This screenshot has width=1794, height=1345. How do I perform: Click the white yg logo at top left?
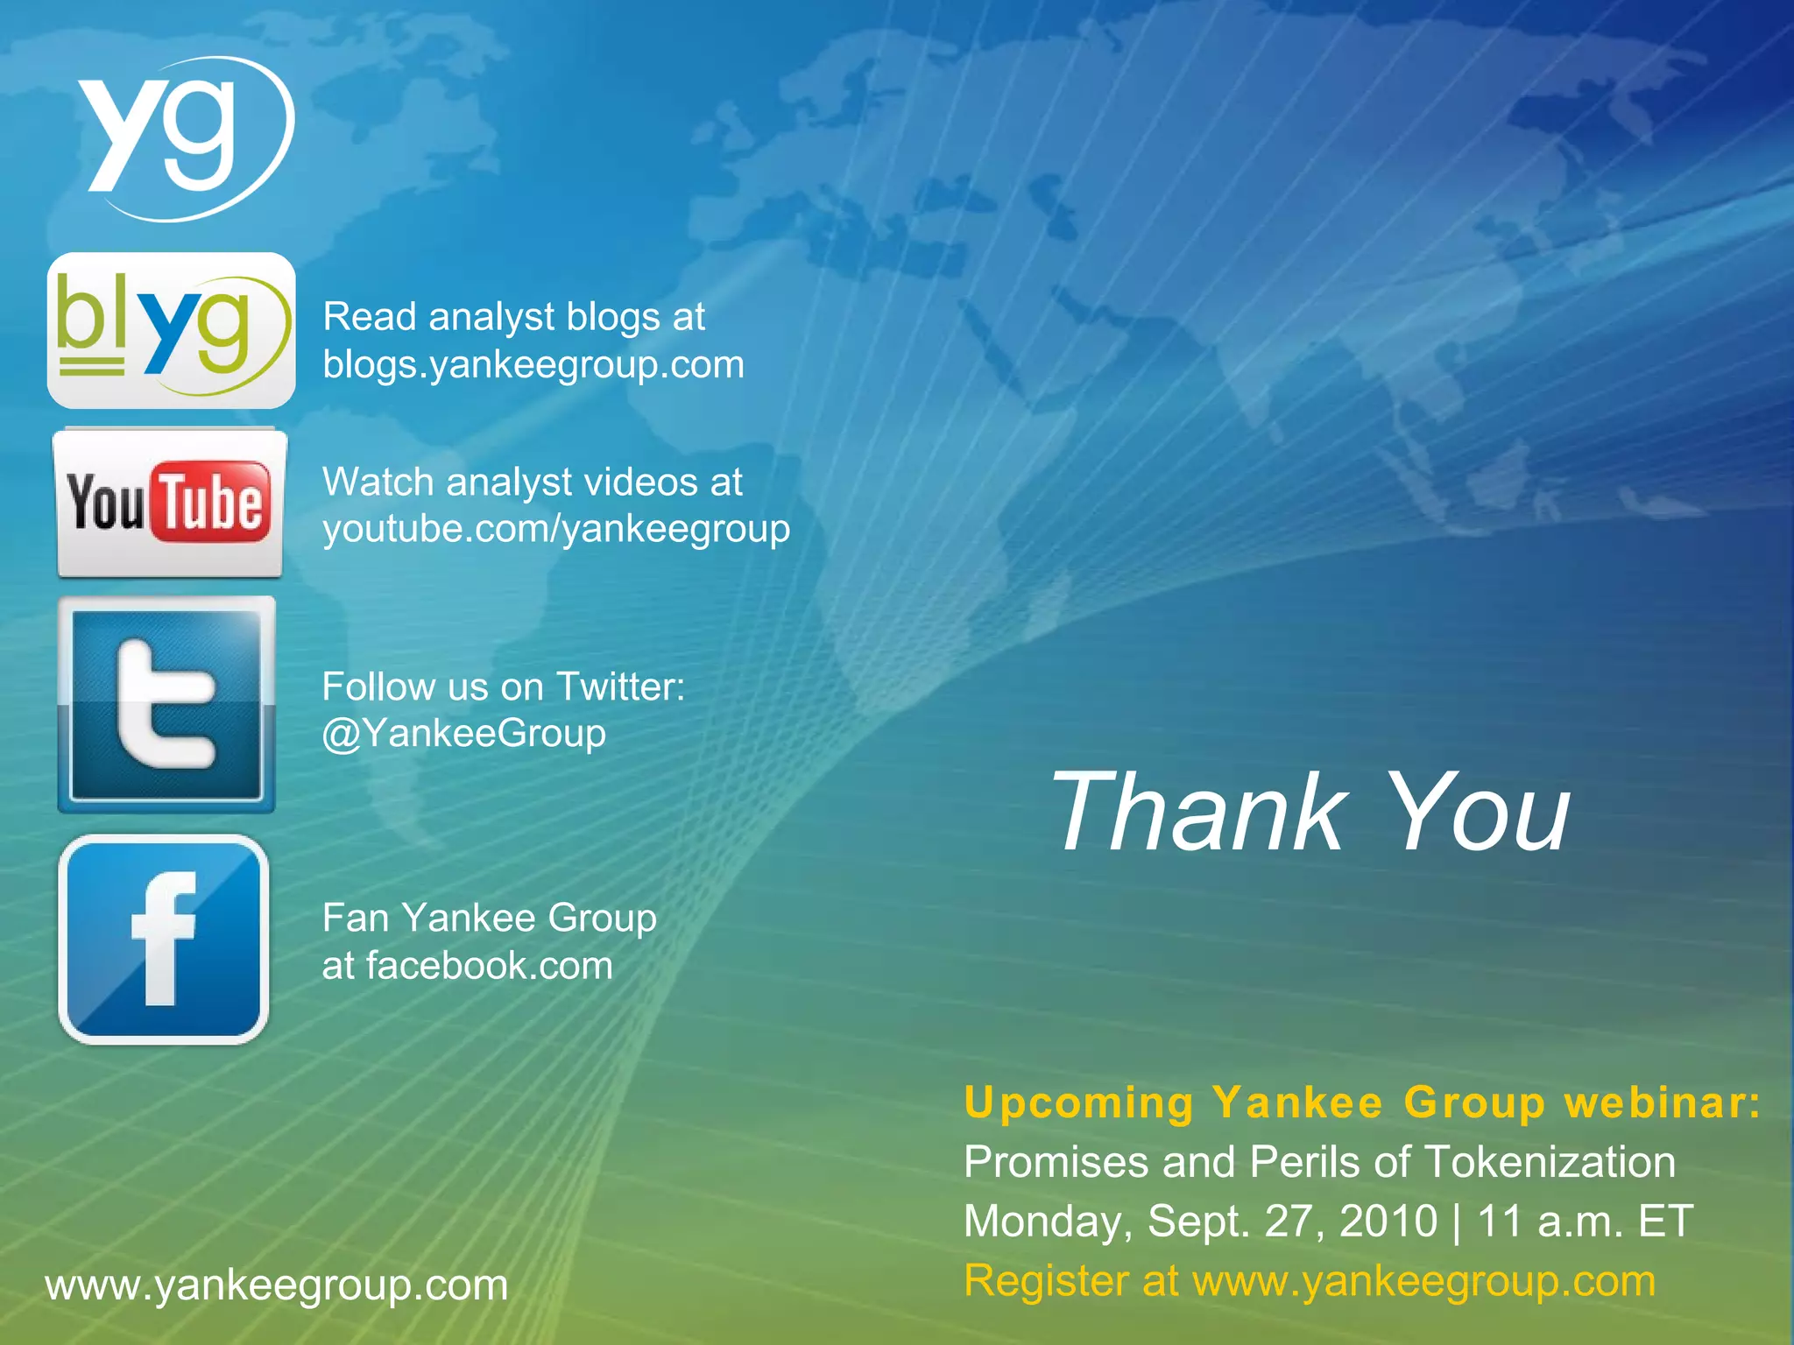coord(180,136)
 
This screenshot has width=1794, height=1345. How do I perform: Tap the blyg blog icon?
coord(172,331)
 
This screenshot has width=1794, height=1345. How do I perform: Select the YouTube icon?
coord(169,503)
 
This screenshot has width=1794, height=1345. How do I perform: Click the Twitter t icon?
coord(166,705)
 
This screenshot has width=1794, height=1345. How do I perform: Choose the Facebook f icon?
coord(164,939)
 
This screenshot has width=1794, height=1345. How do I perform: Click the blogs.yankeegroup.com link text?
coord(533,364)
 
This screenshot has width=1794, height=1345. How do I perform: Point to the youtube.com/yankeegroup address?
coord(556,529)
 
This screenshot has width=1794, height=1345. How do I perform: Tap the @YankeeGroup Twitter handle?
coord(464,734)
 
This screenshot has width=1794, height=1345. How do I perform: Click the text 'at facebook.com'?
coord(468,966)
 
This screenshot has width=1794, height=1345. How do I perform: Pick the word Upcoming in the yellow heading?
coord(1078,1102)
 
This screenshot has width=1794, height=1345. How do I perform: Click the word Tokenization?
coord(1550,1162)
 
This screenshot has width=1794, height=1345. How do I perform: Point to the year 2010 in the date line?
coord(1388,1221)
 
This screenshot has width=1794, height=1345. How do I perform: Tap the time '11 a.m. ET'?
coord(1585,1221)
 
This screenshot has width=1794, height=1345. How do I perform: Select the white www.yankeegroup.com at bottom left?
coord(277,1285)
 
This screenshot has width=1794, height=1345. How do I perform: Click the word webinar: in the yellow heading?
coord(1663,1102)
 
